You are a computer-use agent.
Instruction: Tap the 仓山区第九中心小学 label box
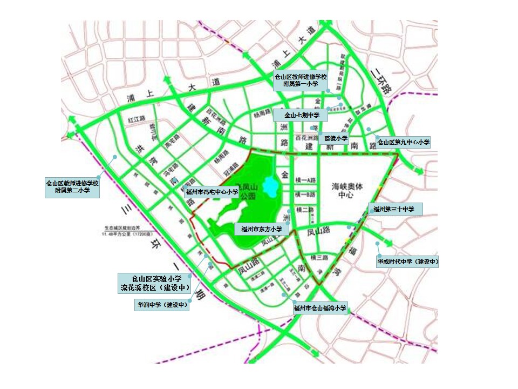pyautogui.click(x=404, y=143)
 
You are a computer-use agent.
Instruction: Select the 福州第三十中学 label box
pyautogui.click(x=394, y=209)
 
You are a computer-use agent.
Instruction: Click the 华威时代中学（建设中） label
pyautogui.click(x=407, y=262)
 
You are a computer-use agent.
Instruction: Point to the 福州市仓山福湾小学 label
pyautogui.click(x=319, y=308)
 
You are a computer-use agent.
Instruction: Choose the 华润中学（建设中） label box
pyautogui.click(x=162, y=305)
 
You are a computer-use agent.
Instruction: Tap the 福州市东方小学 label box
pyautogui.click(x=262, y=229)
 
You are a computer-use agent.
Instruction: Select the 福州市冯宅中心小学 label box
pyautogui.click(x=212, y=191)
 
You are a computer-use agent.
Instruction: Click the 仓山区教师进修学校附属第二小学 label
pyautogui.click(x=72, y=187)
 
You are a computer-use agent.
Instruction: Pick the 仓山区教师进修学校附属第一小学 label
pyautogui.click(x=301, y=81)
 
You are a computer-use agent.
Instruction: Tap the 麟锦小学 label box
pyautogui.click(x=336, y=138)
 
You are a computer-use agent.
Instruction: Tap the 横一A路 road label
pyautogui.click(x=305, y=180)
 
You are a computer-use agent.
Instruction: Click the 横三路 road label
pyautogui.click(x=319, y=257)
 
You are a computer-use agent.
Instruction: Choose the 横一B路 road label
pyautogui.click(x=305, y=194)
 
